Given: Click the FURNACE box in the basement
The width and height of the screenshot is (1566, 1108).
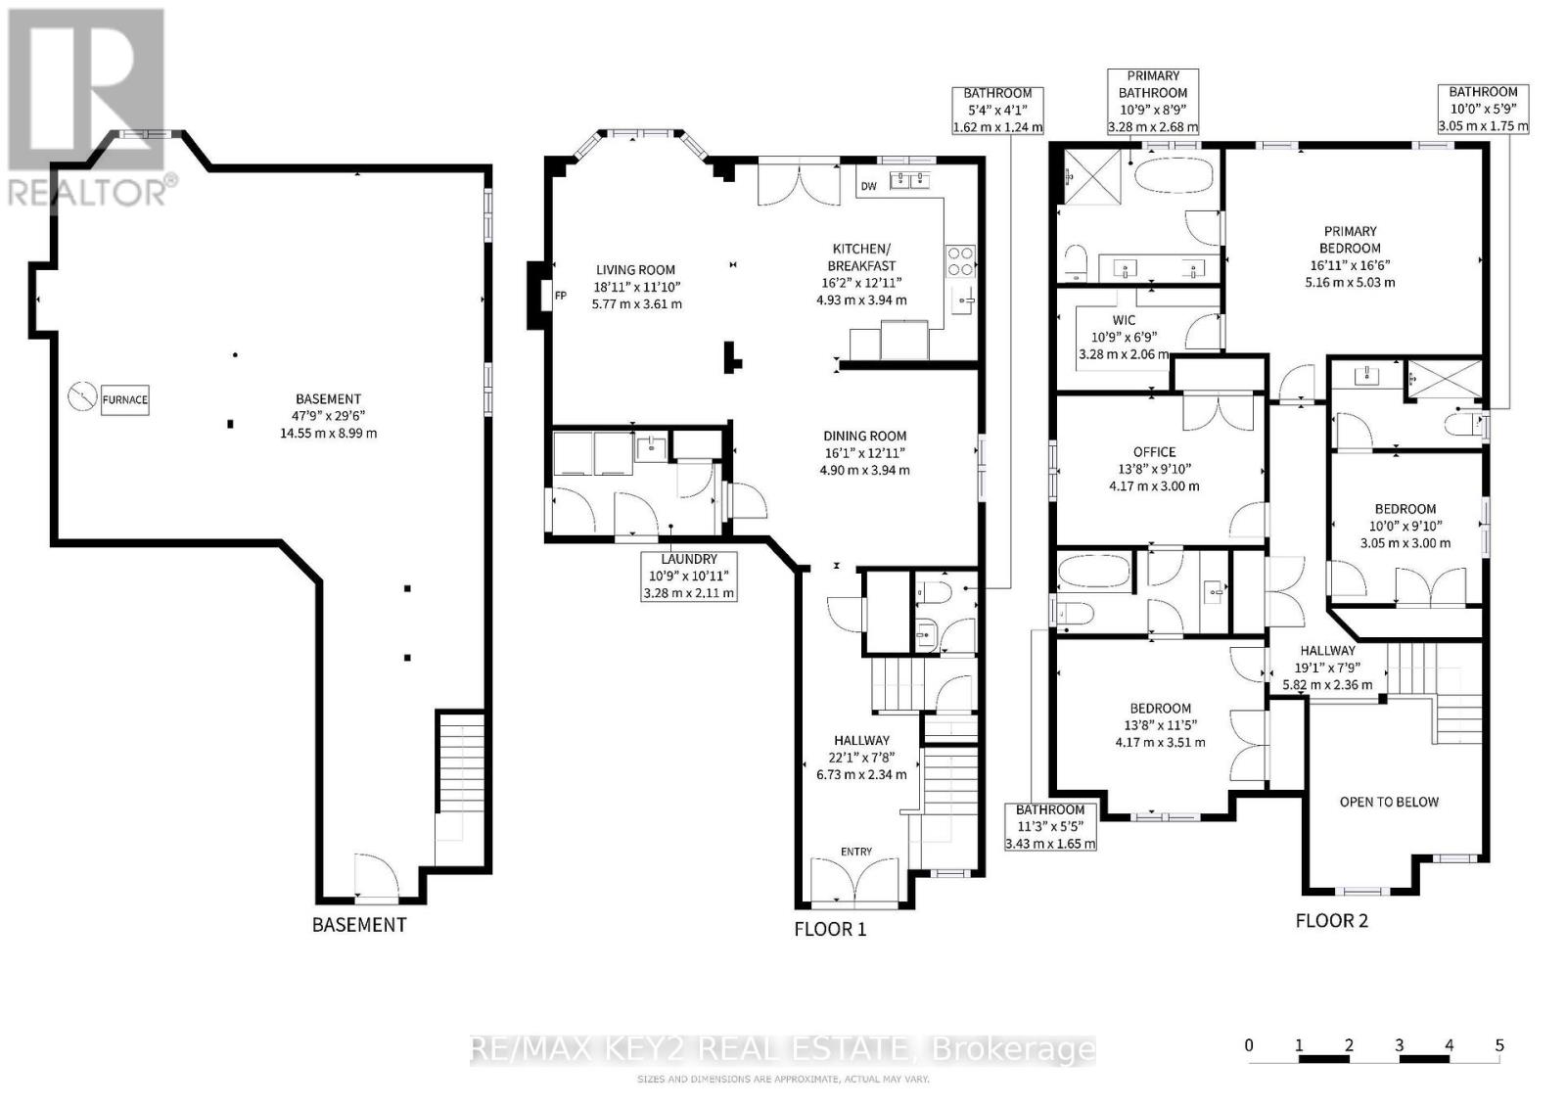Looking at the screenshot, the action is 124,400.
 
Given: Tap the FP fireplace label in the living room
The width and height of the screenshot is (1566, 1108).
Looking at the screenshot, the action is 560,296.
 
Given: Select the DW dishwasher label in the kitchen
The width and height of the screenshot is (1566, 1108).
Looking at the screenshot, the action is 868,186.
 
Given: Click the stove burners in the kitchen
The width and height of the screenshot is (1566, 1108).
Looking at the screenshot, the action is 960,260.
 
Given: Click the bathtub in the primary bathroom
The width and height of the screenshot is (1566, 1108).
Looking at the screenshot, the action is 1174,175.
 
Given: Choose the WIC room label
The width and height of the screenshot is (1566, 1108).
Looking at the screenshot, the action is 1124,320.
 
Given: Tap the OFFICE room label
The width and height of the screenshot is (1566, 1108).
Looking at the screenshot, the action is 1154,452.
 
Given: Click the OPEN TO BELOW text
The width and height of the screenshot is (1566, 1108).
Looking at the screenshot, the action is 1389,802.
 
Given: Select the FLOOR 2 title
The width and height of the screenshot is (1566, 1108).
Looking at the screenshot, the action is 1331,921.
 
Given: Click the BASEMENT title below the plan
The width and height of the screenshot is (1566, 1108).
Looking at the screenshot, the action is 358,925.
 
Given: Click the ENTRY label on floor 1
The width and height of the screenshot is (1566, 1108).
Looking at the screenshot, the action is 856,852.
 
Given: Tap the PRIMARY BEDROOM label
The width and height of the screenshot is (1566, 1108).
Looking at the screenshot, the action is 1350,240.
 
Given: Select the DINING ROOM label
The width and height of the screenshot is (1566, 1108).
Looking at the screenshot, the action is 865,436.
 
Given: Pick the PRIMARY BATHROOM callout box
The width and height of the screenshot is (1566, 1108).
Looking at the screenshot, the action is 1153,102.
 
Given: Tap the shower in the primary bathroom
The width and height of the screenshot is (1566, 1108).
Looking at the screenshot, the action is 1092,177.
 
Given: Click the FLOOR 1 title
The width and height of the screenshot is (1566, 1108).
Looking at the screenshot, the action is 830,929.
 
